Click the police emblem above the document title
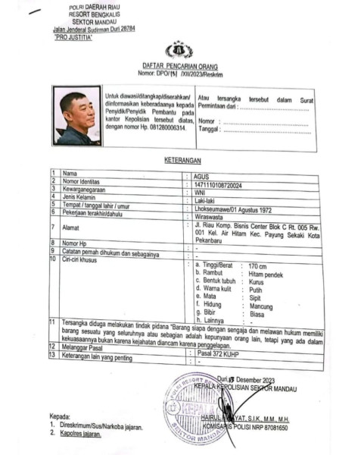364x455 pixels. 179,50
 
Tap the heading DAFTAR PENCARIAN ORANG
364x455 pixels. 179,67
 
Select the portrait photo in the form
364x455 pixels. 77,116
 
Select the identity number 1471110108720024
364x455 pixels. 219,184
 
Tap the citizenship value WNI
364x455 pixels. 202,191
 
